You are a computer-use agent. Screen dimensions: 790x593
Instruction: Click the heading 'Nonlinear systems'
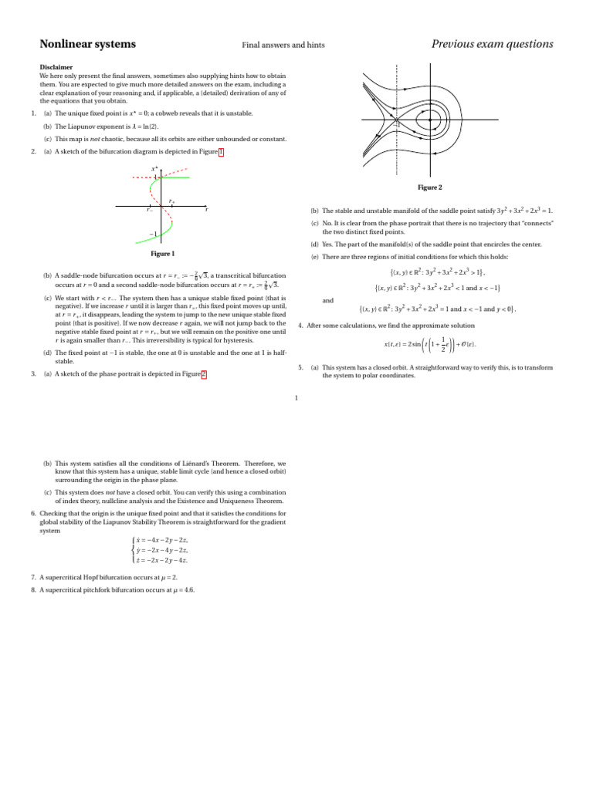[87, 44]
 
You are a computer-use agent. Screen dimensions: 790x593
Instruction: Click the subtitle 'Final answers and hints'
[283, 46]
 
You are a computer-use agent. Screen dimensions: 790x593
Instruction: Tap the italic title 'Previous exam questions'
[492, 44]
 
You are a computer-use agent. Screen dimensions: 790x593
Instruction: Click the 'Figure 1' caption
[162, 254]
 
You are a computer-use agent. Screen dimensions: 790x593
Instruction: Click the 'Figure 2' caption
[429, 187]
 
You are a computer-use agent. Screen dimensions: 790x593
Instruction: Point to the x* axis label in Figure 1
[155, 167]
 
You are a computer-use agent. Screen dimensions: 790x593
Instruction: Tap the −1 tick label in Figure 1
[154, 235]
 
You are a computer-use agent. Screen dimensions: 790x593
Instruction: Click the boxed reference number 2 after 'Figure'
[205, 374]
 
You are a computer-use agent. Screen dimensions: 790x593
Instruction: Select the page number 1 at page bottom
[296, 398]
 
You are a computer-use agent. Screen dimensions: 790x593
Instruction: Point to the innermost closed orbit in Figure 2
[425, 120]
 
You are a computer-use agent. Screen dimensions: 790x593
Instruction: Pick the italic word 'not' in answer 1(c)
[86, 139]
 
